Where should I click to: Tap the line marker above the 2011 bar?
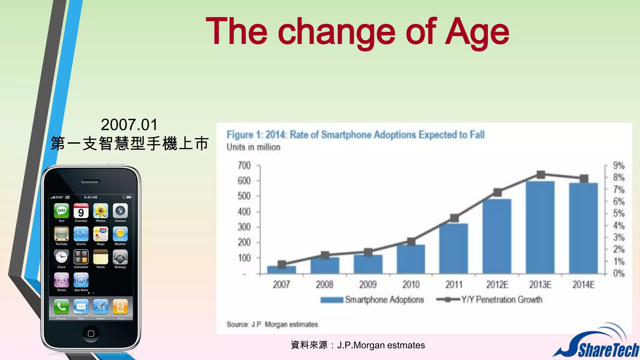click(454, 218)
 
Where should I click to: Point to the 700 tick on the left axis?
click(244, 165)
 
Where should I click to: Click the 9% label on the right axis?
click(618, 165)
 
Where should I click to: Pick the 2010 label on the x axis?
click(411, 284)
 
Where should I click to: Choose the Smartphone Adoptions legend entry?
click(372, 299)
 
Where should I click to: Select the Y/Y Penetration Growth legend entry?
click(489, 299)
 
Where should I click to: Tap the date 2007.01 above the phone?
click(129, 125)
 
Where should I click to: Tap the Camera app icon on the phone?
click(120, 211)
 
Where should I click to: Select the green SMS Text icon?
click(61, 211)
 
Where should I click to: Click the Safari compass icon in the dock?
click(101, 307)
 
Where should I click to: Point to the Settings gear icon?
click(120, 257)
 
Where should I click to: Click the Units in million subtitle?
click(253, 147)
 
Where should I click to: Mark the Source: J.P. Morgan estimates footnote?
click(272, 324)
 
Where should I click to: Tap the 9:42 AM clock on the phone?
click(91, 197)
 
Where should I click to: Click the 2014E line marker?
click(584, 179)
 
